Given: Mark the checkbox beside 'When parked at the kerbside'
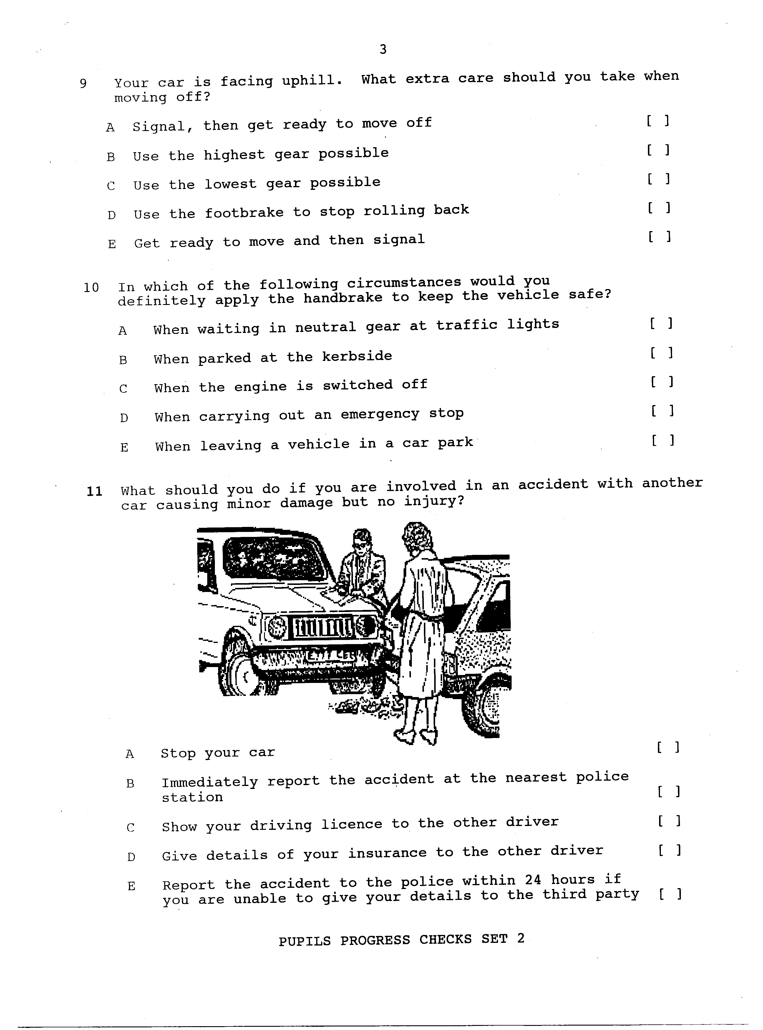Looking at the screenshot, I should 661,353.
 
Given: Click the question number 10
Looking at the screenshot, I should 91,288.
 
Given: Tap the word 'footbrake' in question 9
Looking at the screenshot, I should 244,213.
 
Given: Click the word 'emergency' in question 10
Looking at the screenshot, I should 380,414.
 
